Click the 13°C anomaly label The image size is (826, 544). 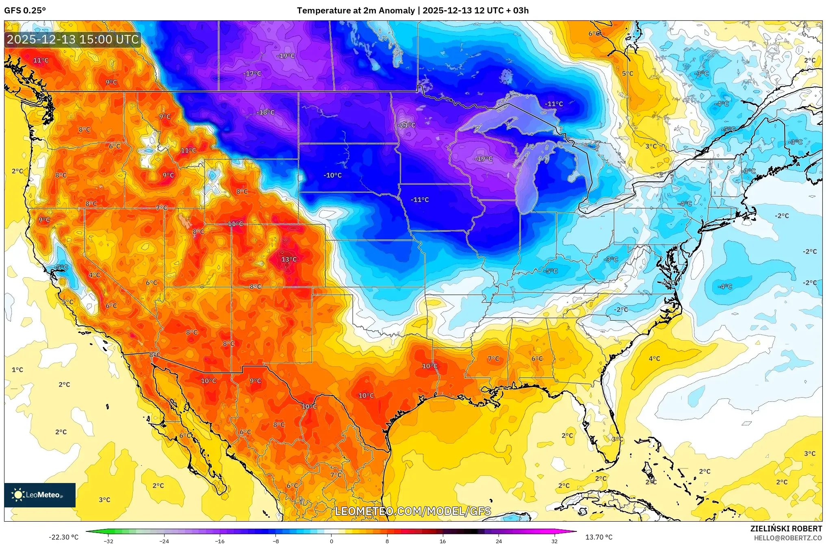[289, 259]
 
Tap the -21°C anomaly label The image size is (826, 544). [407, 125]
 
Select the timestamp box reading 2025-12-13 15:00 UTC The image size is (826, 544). [73, 39]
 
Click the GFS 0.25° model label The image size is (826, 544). [25, 11]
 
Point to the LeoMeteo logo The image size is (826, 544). [40, 495]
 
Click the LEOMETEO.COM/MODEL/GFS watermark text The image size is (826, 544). [413, 511]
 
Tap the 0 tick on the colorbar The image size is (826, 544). [332, 541]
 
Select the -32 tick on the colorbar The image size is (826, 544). [108, 541]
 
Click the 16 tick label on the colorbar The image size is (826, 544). [442, 541]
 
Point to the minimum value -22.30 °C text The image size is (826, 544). [64, 537]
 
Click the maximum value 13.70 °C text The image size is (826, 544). [598, 537]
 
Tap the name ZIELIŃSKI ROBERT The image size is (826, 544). [786, 529]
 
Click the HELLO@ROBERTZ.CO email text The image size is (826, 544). [788, 538]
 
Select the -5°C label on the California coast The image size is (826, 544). [61, 267]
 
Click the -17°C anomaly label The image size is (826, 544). [252, 74]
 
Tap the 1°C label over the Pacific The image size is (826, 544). [17, 370]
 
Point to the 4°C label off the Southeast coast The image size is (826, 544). [654, 359]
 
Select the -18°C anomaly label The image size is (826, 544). [265, 112]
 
